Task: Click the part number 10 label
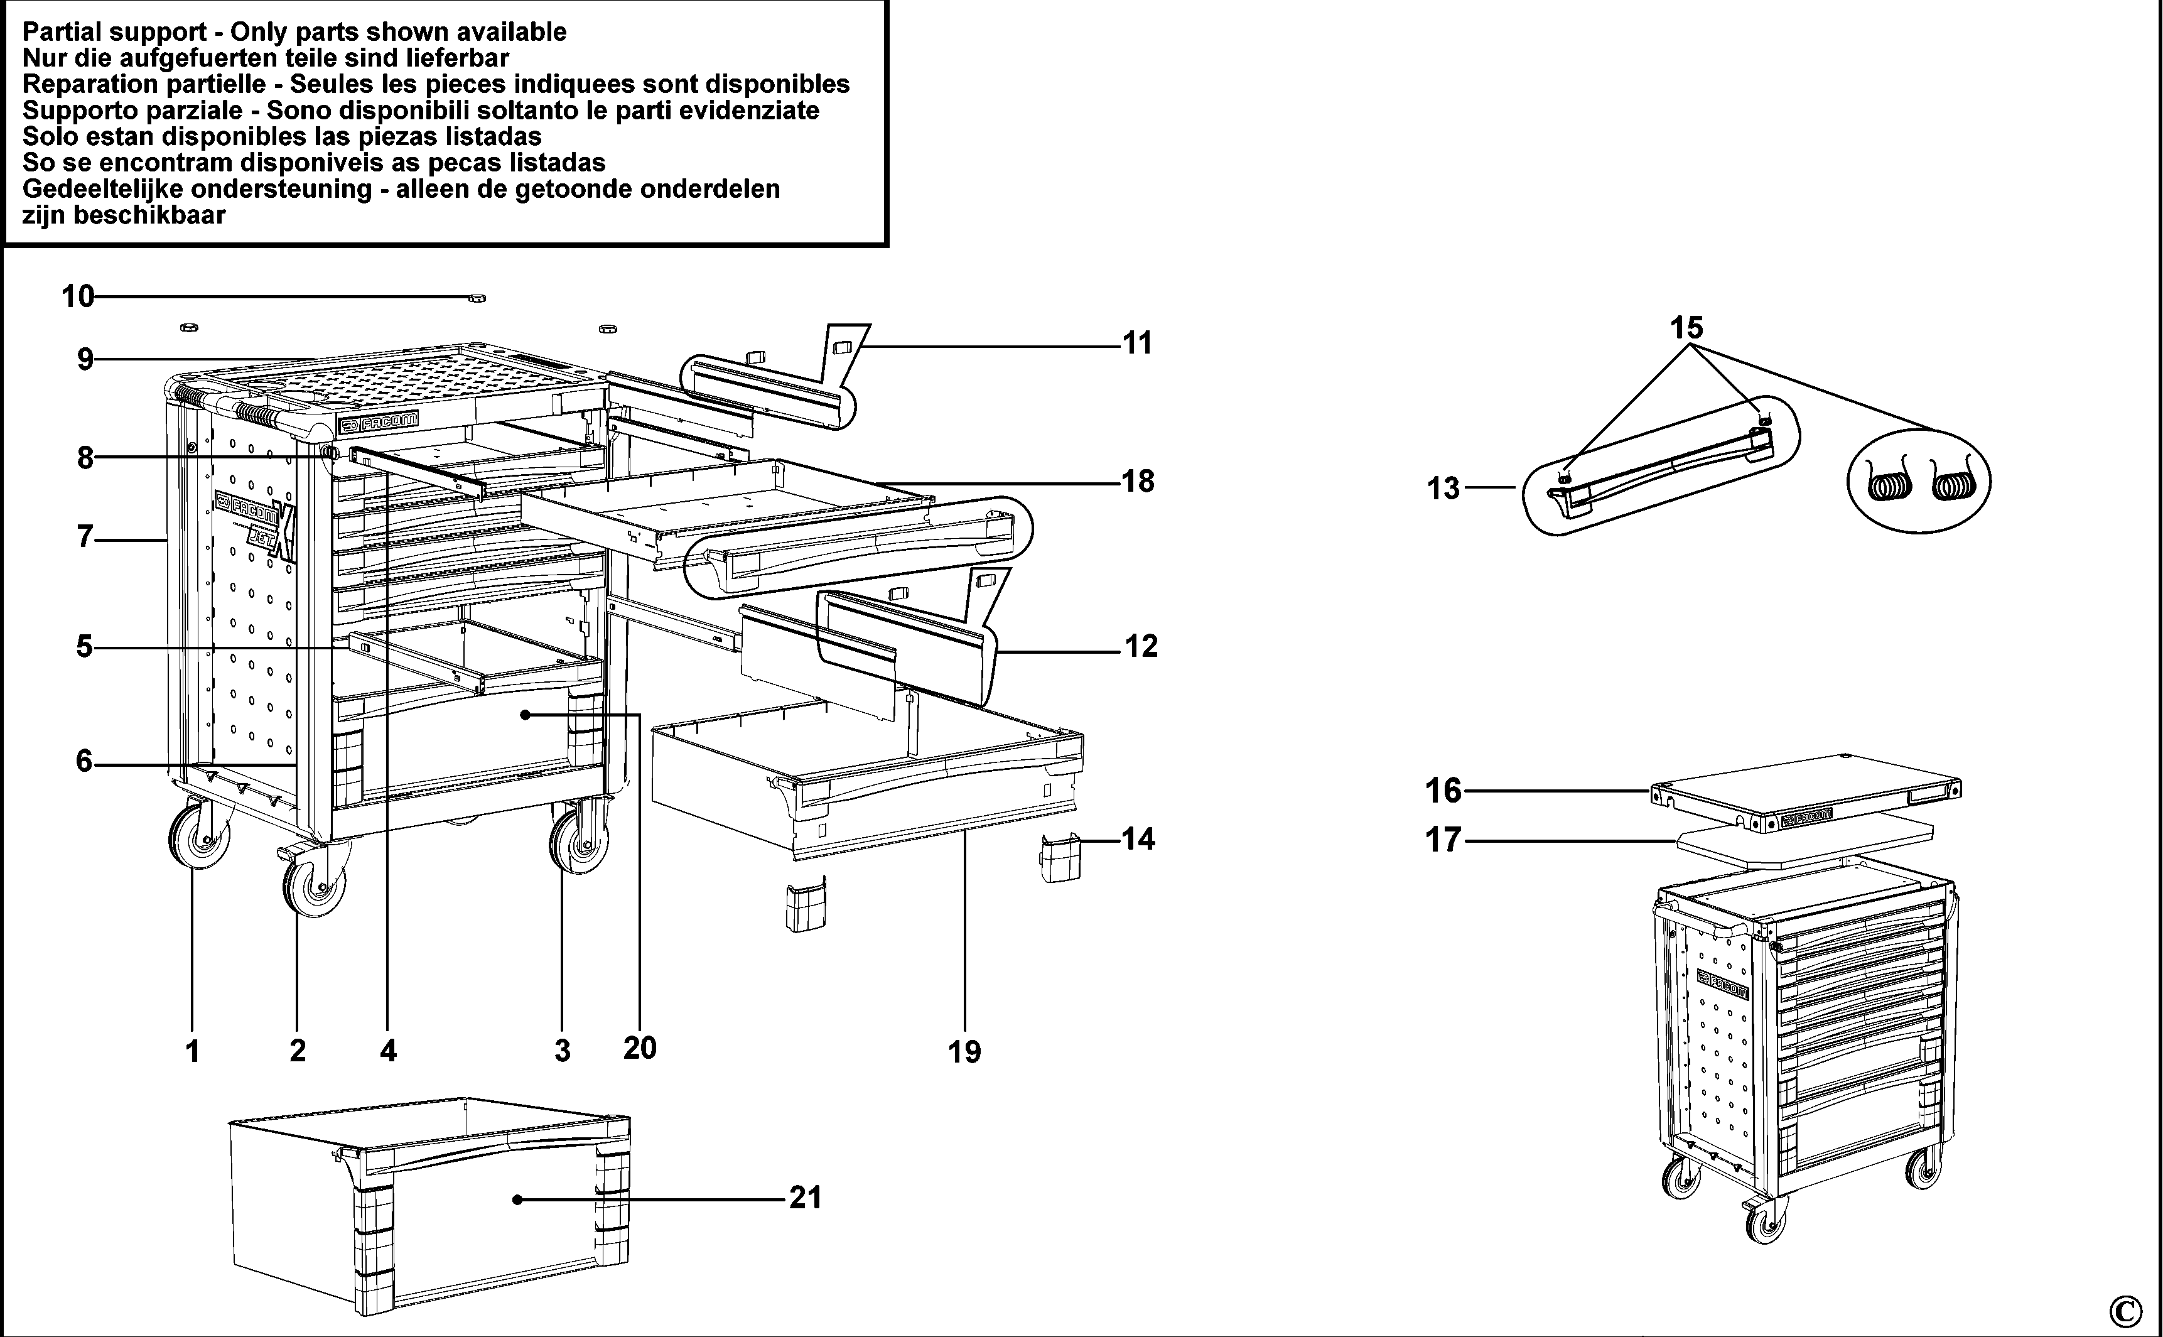click(x=78, y=296)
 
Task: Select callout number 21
click(x=806, y=1198)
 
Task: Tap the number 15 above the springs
click(x=1686, y=328)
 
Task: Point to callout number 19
click(x=964, y=1053)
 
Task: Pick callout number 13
click(x=1443, y=488)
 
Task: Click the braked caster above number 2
click(x=314, y=880)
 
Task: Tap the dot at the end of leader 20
click(x=526, y=715)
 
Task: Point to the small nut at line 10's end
click(x=475, y=299)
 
